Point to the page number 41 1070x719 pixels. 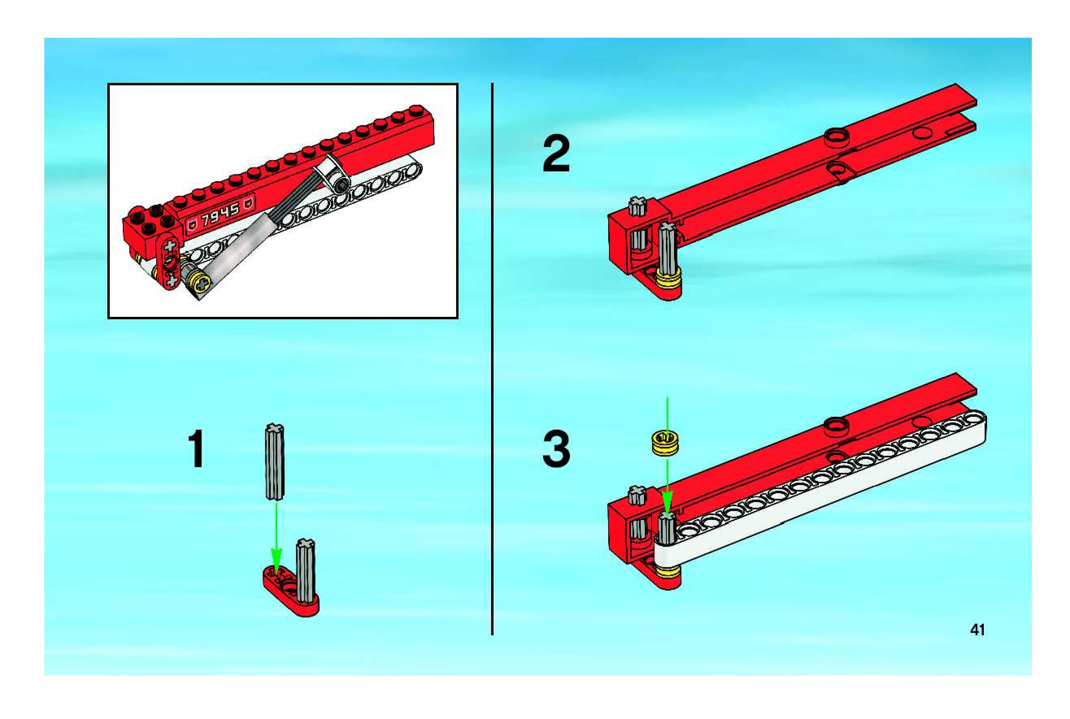point(977,630)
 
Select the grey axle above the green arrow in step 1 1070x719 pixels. point(275,461)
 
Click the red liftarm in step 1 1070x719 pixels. point(290,591)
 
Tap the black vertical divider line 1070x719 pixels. point(492,359)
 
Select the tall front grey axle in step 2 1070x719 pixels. point(668,248)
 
